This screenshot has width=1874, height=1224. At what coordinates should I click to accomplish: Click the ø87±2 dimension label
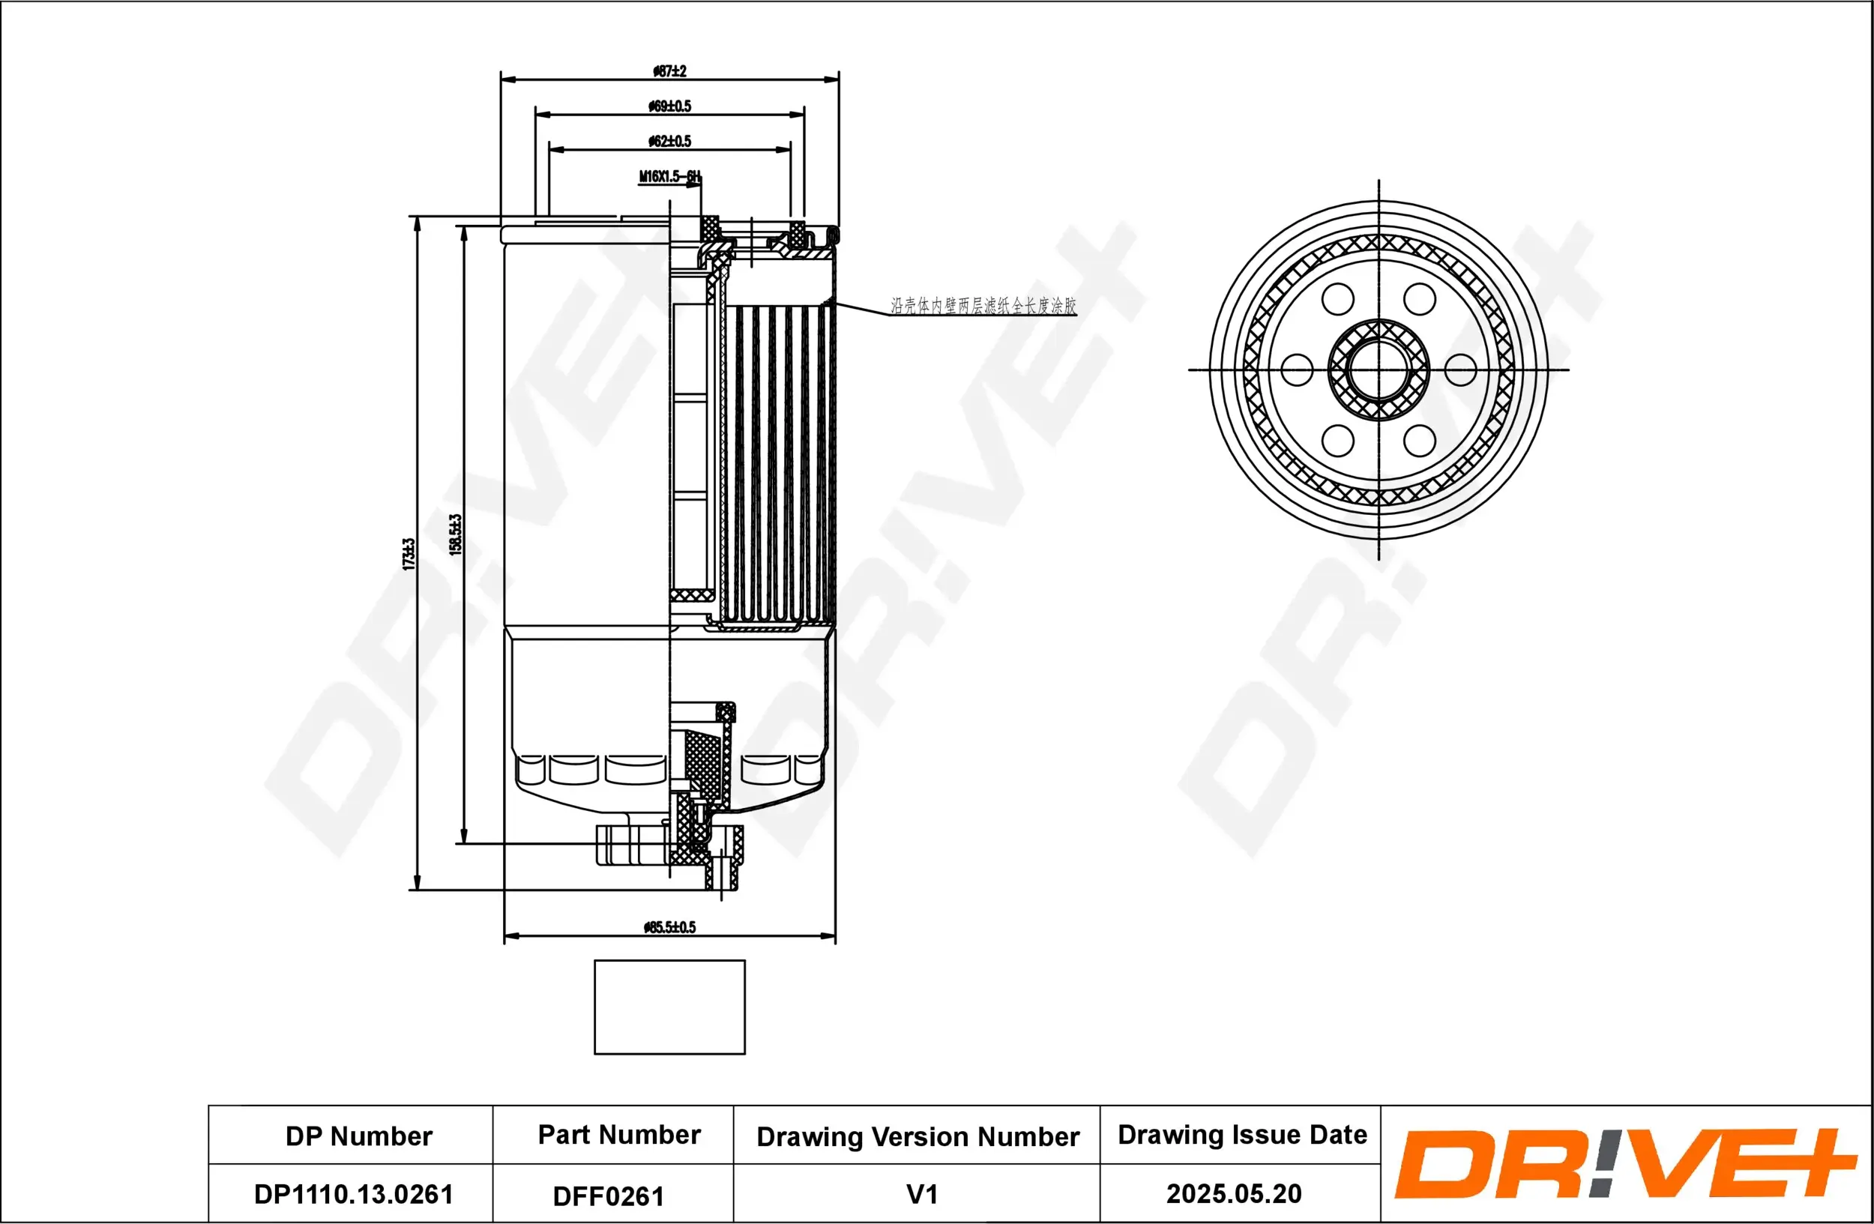coord(669,71)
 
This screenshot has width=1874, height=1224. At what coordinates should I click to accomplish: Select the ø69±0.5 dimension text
coord(669,106)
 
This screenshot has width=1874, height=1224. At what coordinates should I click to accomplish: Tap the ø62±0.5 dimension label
coord(669,141)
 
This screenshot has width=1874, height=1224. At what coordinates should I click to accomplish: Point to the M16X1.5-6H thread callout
coord(669,176)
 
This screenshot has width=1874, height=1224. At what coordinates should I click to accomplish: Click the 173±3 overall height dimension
coord(409,554)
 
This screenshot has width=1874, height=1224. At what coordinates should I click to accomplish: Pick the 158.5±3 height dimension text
coord(455,535)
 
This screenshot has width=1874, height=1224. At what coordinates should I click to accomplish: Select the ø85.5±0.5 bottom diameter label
coord(669,927)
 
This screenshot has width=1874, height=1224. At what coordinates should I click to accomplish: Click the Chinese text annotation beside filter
coord(983,305)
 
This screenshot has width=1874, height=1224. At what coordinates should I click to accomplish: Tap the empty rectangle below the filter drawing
coord(669,1007)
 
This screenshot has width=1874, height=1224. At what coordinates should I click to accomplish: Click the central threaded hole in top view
coord(1378,370)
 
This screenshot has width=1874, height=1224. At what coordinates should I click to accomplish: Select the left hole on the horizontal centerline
coord(1296,370)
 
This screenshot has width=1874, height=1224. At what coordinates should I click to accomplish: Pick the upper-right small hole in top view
coord(1419,299)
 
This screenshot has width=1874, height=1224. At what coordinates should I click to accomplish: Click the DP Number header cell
coord(358,1136)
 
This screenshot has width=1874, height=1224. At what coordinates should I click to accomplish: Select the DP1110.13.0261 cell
coord(354,1194)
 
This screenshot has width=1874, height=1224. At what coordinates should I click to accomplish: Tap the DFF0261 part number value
coord(608,1196)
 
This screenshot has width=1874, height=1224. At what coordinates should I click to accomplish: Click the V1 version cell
coord(921,1194)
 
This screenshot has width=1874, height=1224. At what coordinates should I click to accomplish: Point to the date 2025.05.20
coord(1233,1193)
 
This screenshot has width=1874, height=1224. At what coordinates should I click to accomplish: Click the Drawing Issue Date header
coord(1242,1134)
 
